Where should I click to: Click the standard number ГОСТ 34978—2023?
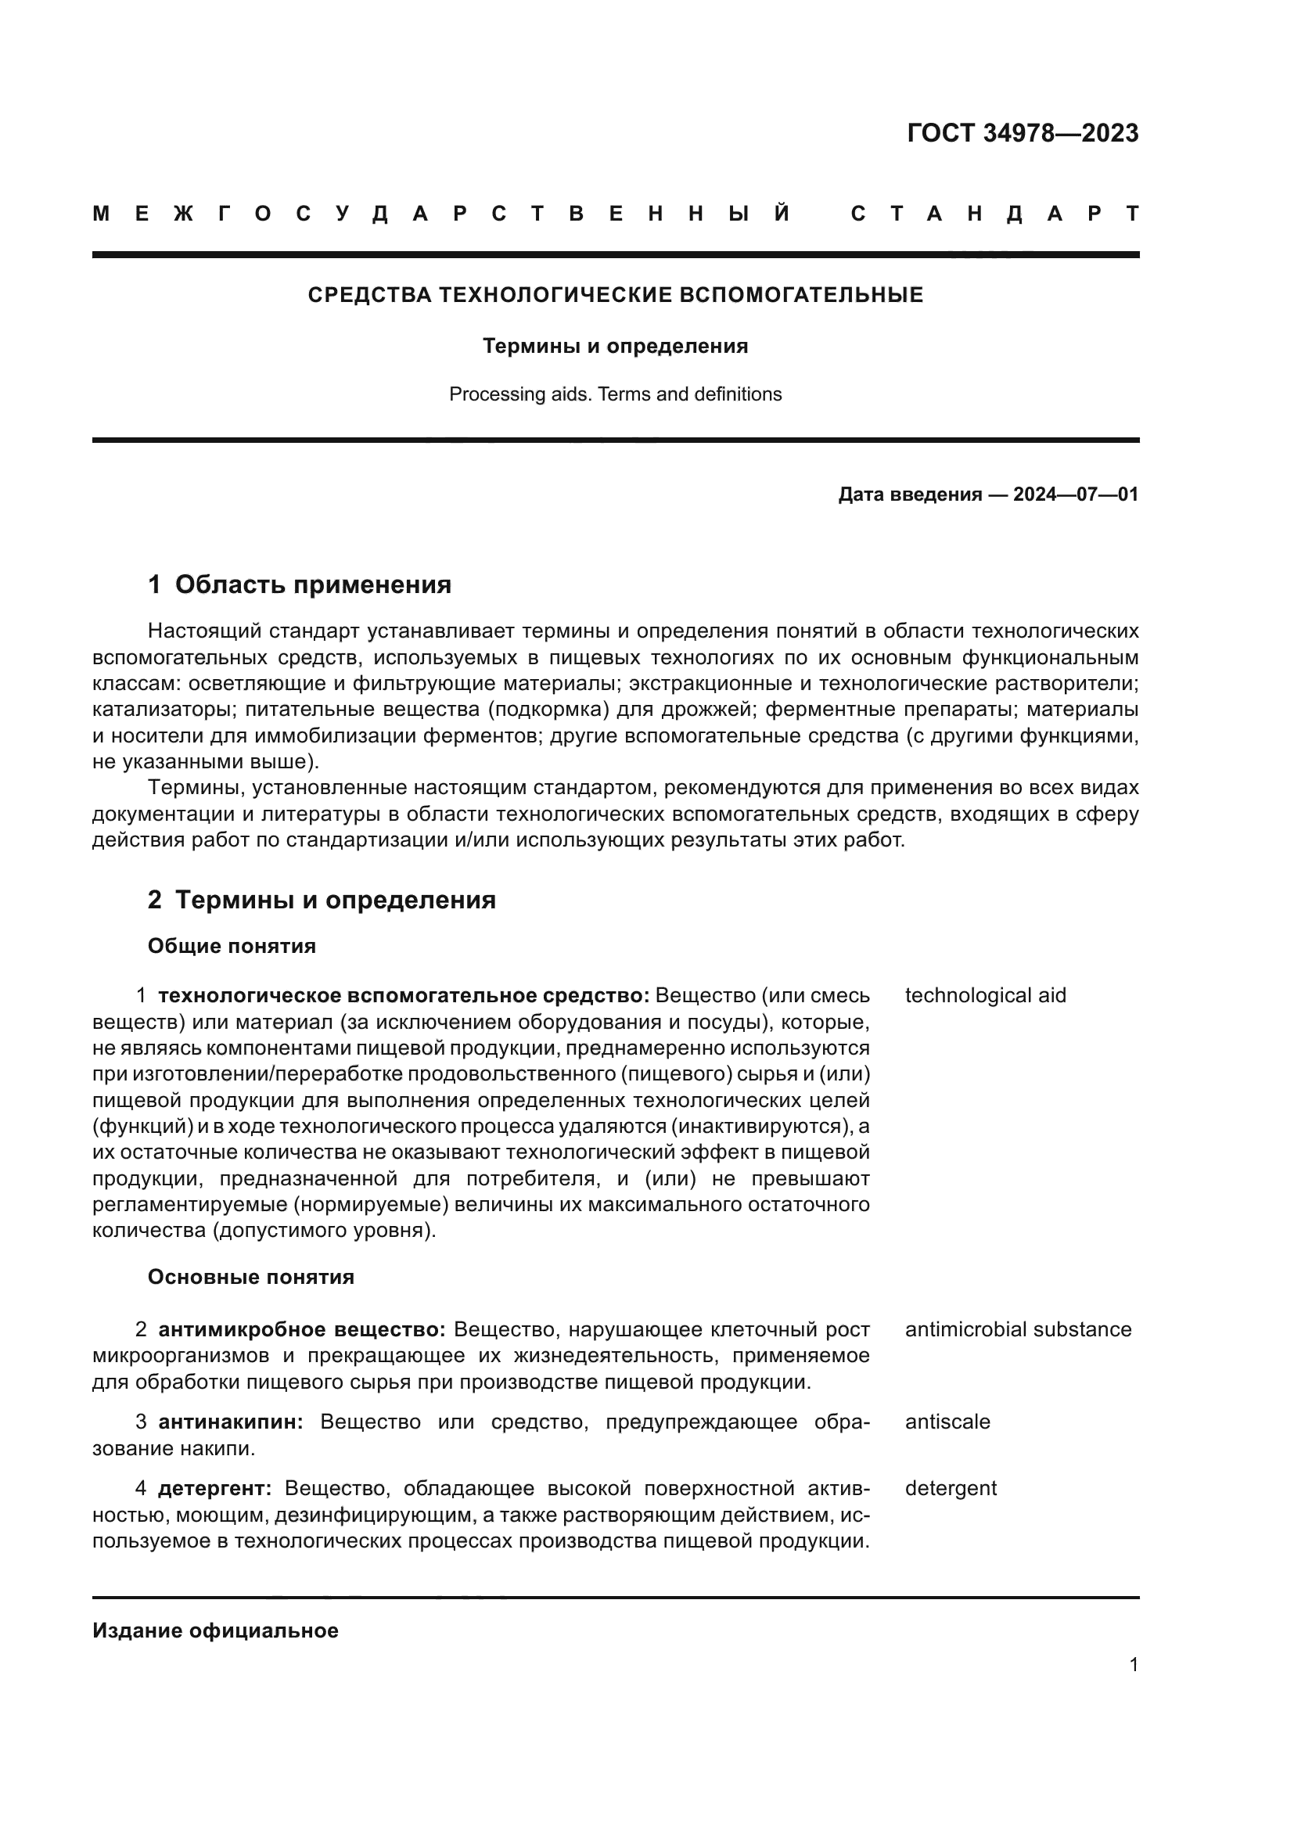click(1023, 133)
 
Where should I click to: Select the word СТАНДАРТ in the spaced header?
click(995, 214)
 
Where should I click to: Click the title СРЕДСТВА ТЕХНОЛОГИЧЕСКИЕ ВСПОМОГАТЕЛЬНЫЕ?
click(615, 295)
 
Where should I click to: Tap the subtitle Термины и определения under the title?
click(615, 346)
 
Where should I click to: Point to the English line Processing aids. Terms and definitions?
click(615, 394)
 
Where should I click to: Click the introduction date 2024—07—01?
click(1075, 494)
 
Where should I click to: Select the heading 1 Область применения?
click(300, 585)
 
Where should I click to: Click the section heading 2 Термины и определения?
click(321, 900)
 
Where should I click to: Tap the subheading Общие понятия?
click(232, 946)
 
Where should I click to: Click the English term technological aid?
click(985, 995)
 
